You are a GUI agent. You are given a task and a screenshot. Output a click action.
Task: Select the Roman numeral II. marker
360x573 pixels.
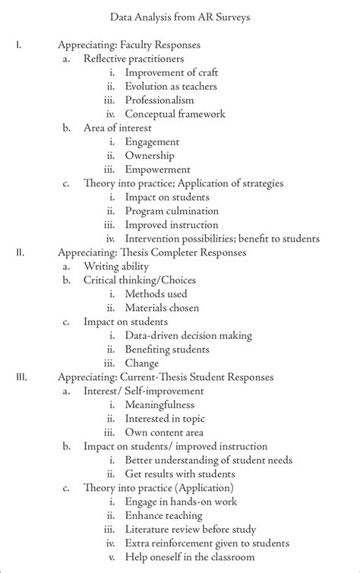pos(21,252)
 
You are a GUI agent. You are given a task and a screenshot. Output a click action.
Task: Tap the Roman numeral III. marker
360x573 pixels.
pos(22,377)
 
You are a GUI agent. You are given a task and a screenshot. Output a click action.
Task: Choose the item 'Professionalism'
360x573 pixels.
pos(159,100)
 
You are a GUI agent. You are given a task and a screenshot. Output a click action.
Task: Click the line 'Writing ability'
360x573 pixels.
pos(117,266)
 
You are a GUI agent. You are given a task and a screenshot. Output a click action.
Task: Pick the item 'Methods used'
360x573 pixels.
pos(156,293)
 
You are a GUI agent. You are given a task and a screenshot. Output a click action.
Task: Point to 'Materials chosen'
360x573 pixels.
pos(163,307)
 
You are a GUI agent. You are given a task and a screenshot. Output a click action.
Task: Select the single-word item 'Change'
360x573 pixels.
pos(143,363)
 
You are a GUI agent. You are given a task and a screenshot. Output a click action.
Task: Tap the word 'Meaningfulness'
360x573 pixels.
pos(159,405)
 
